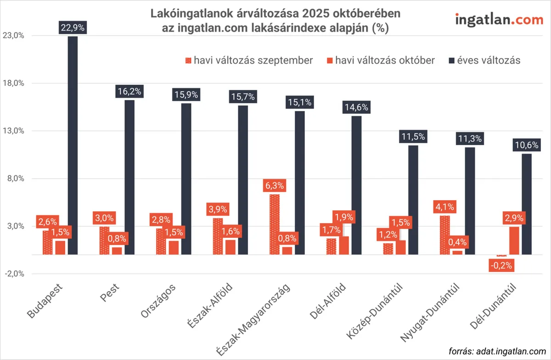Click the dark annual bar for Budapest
pyautogui.click(x=73, y=145)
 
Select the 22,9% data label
pyautogui.click(x=73, y=28)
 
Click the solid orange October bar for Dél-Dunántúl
pyautogui.click(x=514, y=241)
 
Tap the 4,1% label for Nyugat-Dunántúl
pyautogui.click(x=444, y=207)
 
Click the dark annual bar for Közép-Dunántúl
pyautogui.click(x=413, y=200)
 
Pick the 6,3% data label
pyautogui.click(x=274, y=186)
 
